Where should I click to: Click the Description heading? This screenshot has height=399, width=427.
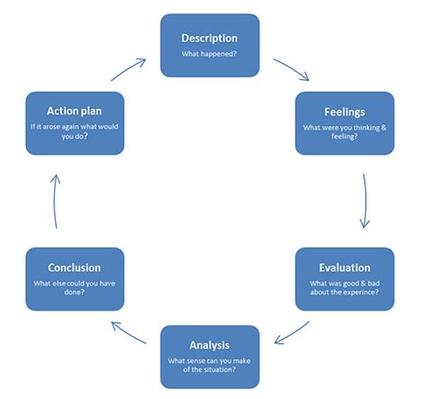(209, 38)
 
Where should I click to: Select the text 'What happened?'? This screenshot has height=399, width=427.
(209, 54)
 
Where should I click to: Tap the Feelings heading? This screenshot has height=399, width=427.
(344, 113)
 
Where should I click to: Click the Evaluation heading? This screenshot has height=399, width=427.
(344, 268)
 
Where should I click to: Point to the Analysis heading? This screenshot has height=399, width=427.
(209, 344)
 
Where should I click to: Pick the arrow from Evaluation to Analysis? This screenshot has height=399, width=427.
(293, 334)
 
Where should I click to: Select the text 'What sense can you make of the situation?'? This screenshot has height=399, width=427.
(209, 365)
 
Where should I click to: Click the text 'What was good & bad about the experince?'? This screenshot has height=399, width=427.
(344, 288)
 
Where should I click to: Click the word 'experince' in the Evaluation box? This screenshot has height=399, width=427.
(368, 293)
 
